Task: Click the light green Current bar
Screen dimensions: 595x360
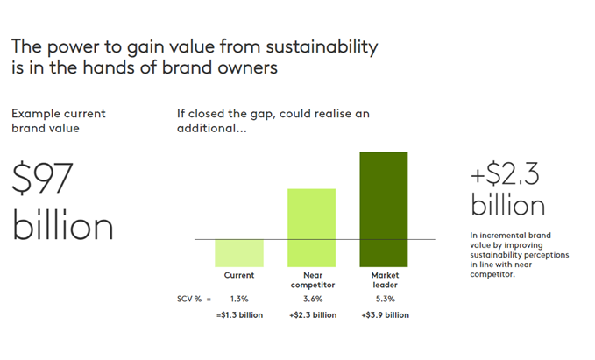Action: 239,253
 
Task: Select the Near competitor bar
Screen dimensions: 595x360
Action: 312,228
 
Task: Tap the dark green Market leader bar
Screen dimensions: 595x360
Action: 384,209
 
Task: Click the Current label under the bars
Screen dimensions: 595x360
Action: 239,275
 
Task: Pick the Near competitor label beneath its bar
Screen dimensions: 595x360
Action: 313,280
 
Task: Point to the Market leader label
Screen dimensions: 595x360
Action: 385,280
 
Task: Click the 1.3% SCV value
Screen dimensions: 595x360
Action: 239,299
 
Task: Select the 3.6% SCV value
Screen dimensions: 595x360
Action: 313,299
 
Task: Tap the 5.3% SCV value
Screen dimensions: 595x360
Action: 386,299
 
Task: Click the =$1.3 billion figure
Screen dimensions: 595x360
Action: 239,314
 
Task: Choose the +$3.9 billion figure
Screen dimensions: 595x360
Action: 386,314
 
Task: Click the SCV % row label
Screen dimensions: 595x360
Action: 189,299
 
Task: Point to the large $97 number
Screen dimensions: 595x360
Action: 42,178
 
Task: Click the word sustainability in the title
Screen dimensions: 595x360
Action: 322,47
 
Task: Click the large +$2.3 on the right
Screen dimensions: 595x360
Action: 505,174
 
